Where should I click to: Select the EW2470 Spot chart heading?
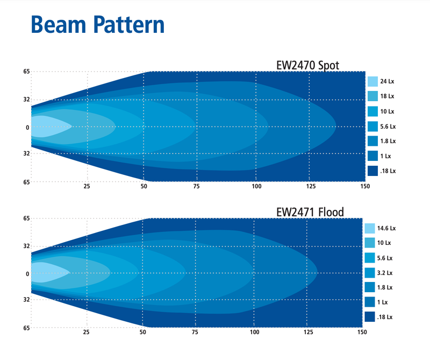307,66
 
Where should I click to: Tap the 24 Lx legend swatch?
373,82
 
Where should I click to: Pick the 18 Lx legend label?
388,96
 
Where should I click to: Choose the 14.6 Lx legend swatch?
370,228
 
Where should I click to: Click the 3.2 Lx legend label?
388,272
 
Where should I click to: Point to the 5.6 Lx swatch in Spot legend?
373,126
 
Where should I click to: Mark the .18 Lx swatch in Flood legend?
370,317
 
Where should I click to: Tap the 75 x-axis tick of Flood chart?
196,333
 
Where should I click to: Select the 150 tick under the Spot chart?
364,187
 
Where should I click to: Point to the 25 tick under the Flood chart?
86,333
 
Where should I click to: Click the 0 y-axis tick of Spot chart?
26,128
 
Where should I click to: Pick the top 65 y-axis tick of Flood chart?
26,218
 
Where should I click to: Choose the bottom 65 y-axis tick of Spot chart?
26,182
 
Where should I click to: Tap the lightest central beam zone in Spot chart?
48,127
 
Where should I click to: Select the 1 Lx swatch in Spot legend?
373,156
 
